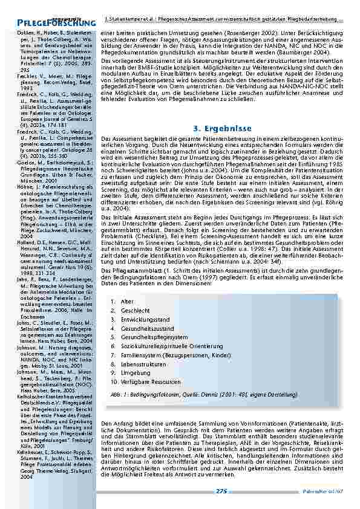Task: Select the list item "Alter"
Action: click(126, 301)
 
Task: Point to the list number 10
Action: click(113, 383)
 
